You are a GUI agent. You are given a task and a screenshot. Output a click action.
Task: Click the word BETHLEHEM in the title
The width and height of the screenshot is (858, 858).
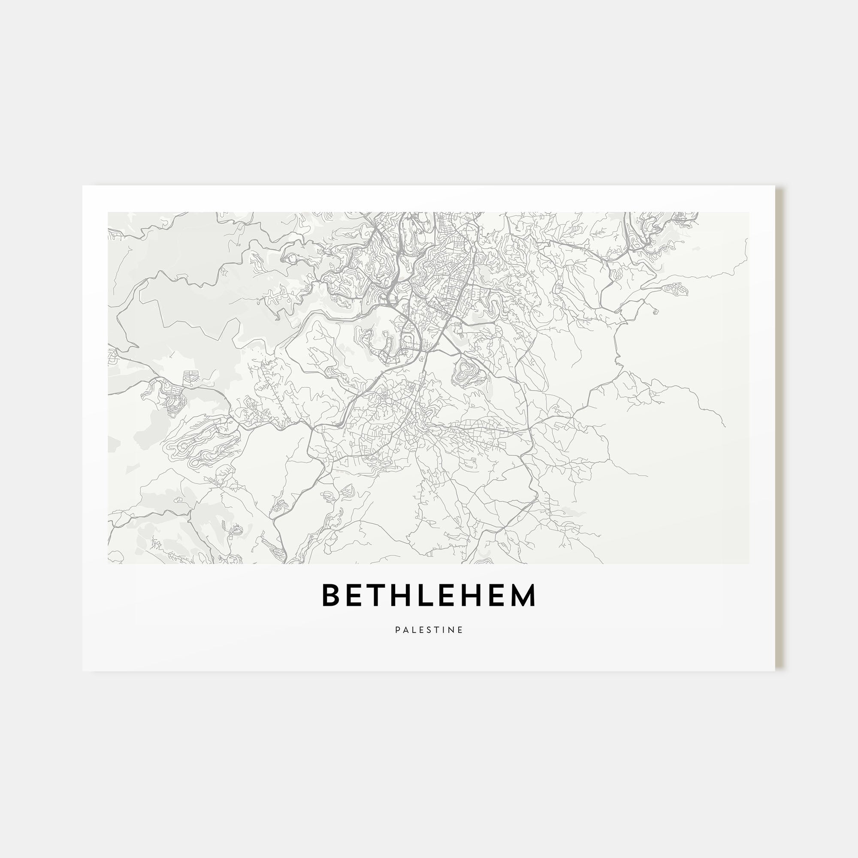tap(429, 595)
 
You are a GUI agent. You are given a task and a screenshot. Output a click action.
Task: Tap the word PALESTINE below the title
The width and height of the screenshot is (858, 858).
tap(429, 630)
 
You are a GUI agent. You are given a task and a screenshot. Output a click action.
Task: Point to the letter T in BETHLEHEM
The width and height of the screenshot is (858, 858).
tap(379, 595)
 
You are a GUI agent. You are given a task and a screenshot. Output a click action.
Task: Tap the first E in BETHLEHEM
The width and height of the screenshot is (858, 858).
tap(356, 595)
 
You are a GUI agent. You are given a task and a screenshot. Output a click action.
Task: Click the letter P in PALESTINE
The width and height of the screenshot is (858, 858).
tap(398, 630)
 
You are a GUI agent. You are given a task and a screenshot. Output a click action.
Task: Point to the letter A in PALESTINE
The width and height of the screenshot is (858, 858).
tap(406, 630)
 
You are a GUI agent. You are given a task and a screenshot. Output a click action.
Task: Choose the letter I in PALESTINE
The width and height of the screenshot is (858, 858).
tap(445, 630)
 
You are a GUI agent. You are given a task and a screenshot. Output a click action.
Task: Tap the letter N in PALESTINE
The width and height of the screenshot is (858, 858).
tap(452, 630)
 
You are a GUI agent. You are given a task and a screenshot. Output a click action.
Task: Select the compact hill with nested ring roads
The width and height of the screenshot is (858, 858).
tap(466, 369)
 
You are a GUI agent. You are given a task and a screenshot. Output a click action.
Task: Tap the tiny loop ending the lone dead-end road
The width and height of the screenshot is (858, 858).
tap(656, 311)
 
